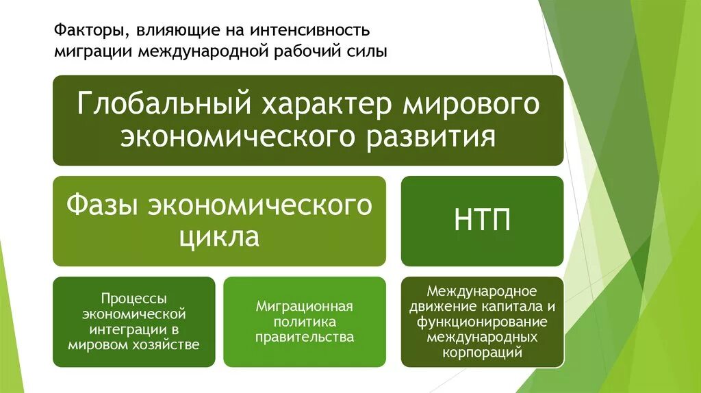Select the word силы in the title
(x=366, y=51)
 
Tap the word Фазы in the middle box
(x=107, y=205)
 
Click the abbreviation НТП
(x=482, y=220)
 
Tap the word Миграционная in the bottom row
(x=304, y=306)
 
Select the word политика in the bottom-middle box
(x=305, y=322)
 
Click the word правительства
(x=305, y=337)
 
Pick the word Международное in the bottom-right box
(x=482, y=291)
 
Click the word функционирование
(x=482, y=322)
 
